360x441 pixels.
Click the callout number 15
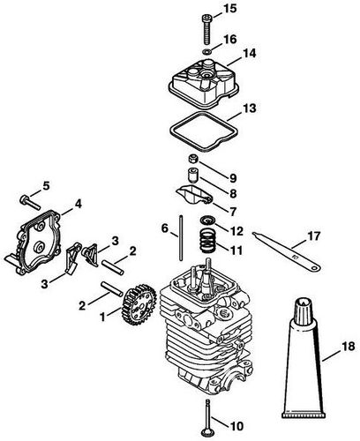click(x=230, y=10)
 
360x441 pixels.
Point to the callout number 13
click(x=250, y=109)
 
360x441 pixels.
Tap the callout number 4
click(x=79, y=205)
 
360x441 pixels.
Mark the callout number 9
click(x=233, y=176)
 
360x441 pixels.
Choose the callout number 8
click(x=233, y=192)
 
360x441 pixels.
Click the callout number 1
click(x=101, y=314)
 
